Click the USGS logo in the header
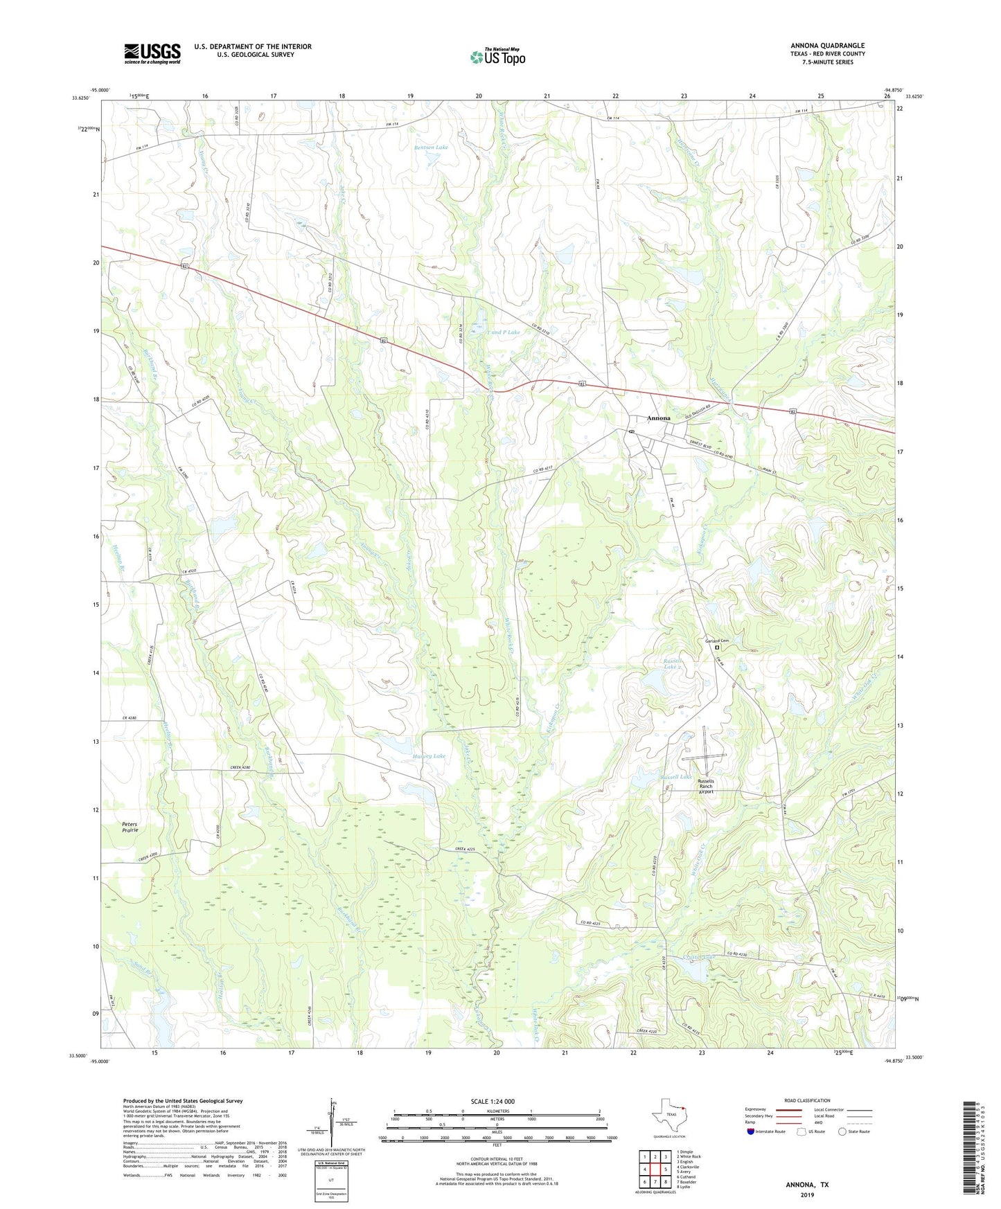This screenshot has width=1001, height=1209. click(x=152, y=53)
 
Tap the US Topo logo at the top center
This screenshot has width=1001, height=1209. click(x=497, y=57)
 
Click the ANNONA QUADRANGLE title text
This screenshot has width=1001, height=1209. click(x=827, y=46)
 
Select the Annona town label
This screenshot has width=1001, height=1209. click(x=658, y=418)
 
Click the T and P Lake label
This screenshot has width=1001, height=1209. click(x=504, y=332)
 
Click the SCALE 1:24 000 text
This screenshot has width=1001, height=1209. click(x=492, y=1102)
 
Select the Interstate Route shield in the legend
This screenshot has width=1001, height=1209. click(x=751, y=1132)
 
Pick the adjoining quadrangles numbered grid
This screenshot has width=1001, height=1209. click(x=655, y=1171)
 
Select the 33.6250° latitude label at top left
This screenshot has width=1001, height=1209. click(x=81, y=98)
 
